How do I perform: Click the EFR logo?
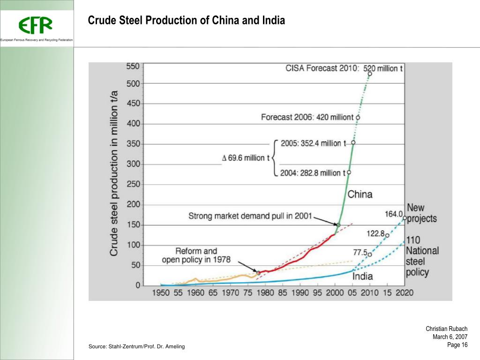36,25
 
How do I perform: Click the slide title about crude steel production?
187,21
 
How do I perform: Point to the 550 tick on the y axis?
133,67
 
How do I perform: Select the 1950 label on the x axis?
161,293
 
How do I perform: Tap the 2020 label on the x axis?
404,293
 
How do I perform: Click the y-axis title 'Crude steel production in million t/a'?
114,174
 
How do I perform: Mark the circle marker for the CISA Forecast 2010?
370,74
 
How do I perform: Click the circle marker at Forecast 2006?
358,118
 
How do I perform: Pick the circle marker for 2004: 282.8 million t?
349,172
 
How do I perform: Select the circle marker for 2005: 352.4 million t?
353,142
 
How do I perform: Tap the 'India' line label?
362,277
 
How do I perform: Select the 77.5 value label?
360,252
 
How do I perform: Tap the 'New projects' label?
421,213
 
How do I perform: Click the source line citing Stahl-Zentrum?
137,346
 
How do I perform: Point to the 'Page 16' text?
457,345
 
